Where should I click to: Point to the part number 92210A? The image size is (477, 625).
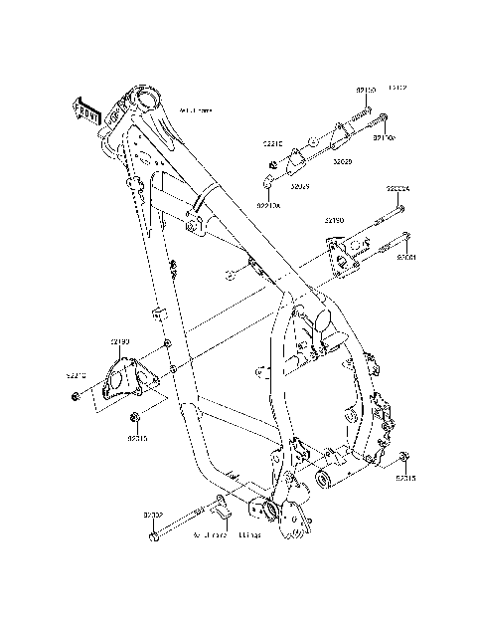(268, 206)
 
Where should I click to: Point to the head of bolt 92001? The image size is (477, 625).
(406, 237)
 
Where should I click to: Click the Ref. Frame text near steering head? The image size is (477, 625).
(195, 109)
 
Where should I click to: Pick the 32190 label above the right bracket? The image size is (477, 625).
(335, 220)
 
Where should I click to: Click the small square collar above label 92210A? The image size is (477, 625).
(267, 180)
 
